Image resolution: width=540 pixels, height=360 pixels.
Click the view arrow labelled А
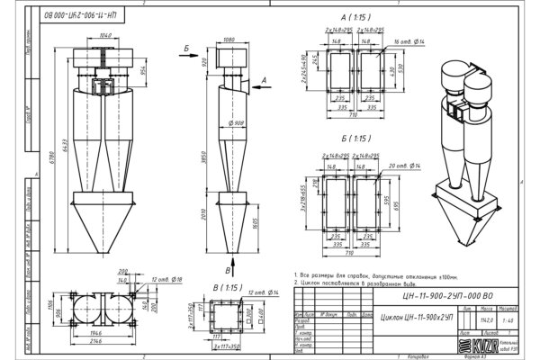[x=263, y=80]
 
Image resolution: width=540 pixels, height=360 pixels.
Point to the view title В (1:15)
[x=227, y=289]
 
